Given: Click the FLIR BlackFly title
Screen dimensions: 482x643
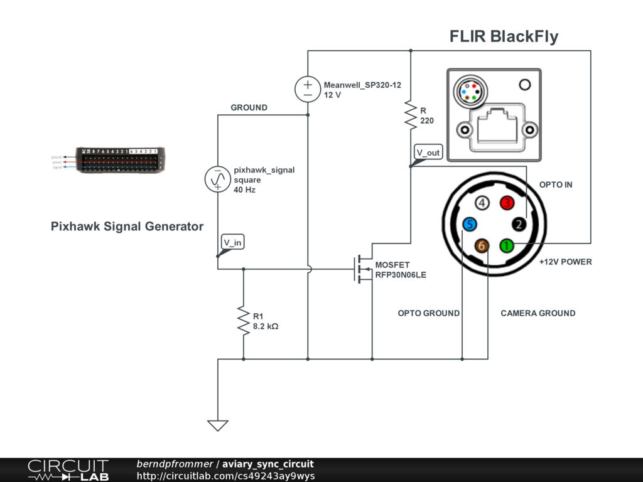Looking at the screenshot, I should [504, 36].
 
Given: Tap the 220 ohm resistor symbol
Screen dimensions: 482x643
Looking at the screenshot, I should [410, 114].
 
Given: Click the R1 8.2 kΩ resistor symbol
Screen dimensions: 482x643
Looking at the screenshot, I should [243, 320].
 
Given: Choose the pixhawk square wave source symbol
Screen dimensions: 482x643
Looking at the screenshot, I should [217, 179].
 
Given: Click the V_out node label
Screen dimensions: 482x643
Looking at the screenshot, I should [428, 153].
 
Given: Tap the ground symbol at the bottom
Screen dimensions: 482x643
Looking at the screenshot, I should [217, 425].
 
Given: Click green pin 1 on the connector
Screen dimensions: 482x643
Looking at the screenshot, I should [507, 245].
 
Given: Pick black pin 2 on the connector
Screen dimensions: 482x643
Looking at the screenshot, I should [519, 224].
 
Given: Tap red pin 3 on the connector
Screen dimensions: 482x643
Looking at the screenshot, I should [507, 203].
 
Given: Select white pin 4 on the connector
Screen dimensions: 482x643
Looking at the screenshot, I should [482, 203].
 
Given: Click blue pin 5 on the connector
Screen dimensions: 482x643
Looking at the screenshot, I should [469, 224].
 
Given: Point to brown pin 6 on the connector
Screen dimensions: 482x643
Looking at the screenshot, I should [482, 245].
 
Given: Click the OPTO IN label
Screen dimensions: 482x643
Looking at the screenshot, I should [556, 185].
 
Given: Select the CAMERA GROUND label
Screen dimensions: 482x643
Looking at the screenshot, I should [538, 313].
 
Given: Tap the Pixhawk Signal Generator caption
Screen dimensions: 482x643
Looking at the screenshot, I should [127, 227].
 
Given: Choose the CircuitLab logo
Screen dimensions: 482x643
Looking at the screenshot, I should [68, 470].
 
